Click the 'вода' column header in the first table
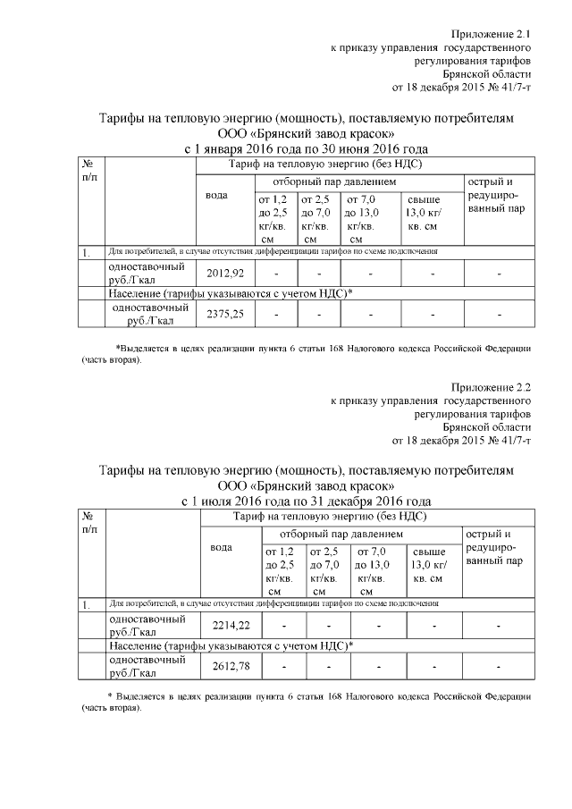[216, 196]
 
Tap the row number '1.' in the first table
[87, 253]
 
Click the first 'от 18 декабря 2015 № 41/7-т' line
[462, 88]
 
